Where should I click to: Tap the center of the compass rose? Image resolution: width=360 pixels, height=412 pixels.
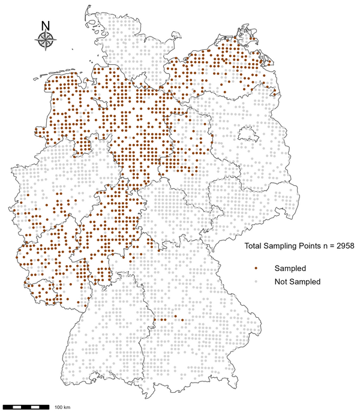tap(46, 40)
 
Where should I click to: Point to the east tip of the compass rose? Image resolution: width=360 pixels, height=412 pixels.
tap(58, 40)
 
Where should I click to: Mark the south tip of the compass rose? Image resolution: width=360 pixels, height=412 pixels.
tap(46, 51)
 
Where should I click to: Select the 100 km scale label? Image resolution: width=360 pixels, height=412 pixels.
tap(62, 407)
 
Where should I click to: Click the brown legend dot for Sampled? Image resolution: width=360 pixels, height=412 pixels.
tap(256, 268)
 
